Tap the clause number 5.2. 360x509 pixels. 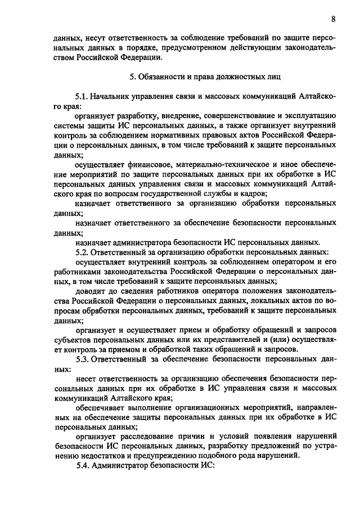[82, 252]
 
